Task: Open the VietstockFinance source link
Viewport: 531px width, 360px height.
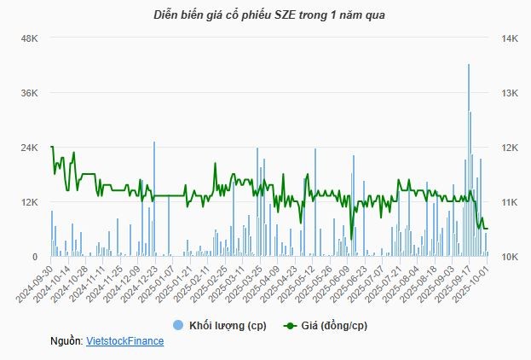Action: (x=125, y=340)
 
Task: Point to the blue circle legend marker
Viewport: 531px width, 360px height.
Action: (x=178, y=325)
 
